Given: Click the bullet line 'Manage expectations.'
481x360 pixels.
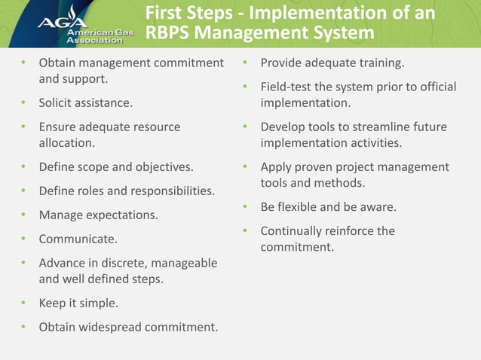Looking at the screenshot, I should point(98,215).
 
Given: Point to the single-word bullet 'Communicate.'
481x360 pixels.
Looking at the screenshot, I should point(78,239).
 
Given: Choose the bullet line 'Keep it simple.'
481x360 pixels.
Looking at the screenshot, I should point(78,304).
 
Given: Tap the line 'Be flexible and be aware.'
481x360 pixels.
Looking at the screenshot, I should point(328,206).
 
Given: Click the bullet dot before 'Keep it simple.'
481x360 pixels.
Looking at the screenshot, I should point(23,304).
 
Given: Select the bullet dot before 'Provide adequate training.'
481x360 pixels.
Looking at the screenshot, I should point(245,63).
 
